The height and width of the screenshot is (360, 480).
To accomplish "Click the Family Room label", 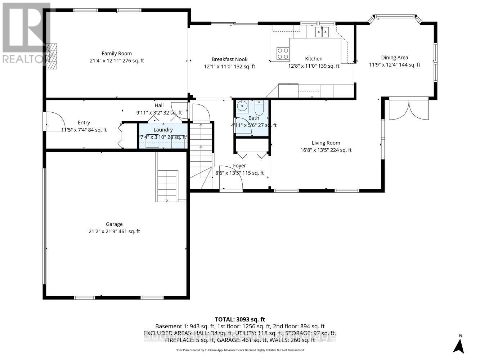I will click(117, 53).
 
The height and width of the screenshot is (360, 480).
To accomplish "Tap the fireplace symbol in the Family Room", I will click(51, 57).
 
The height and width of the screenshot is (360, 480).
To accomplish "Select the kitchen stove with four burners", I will click(283, 54).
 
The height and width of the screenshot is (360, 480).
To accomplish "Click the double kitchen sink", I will click(322, 32).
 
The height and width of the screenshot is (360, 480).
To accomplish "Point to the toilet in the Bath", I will click(259, 107).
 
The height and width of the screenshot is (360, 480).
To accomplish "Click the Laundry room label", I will click(163, 130).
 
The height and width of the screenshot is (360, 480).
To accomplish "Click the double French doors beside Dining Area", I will click(409, 109).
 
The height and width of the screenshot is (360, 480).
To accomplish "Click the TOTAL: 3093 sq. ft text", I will click(240, 319).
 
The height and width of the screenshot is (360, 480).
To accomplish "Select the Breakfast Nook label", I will click(229, 59).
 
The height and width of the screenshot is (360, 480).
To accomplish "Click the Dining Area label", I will click(395, 58).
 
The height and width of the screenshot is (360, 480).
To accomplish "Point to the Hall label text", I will click(159, 105).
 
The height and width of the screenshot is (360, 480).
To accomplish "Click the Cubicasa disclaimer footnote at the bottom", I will click(240, 350).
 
